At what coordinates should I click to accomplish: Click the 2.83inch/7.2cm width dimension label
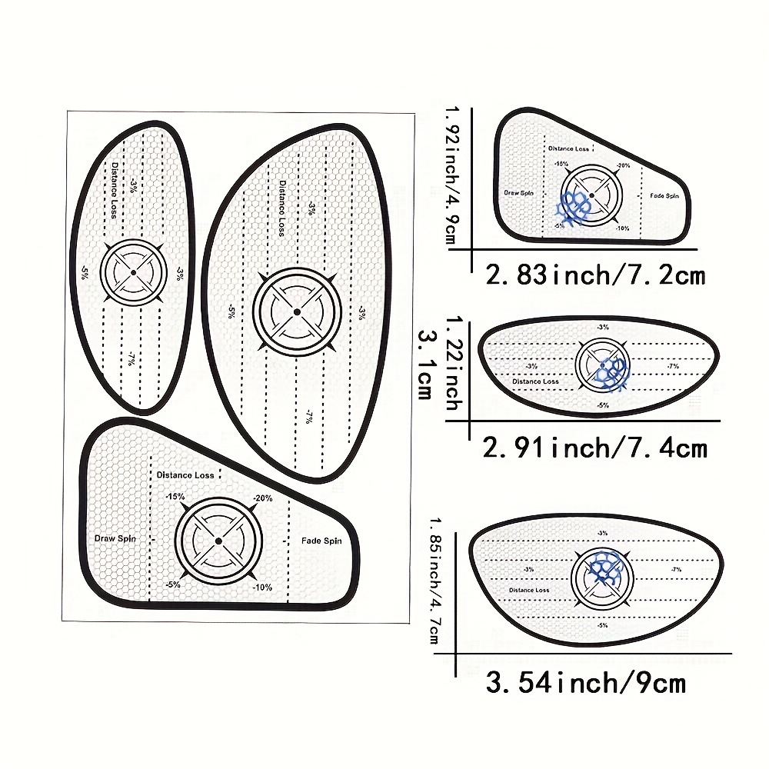[595, 275]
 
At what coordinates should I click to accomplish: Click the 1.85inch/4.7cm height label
[437, 581]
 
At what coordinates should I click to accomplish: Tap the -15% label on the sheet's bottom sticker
[175, 497]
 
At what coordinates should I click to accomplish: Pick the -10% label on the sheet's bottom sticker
[261, 587]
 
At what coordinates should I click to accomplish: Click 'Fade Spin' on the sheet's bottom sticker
[321, 541]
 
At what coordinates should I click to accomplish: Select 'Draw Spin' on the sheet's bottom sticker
[115, 538]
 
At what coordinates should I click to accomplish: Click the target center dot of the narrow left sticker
[133, 272]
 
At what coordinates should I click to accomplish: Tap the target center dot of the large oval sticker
[297, 311]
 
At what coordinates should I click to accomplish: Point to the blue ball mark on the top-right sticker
[574, 205]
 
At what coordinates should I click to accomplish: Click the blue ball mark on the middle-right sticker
[614, 372]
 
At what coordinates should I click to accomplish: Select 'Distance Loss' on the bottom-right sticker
[528, 590]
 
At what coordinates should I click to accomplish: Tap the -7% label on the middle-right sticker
[674, 366]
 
